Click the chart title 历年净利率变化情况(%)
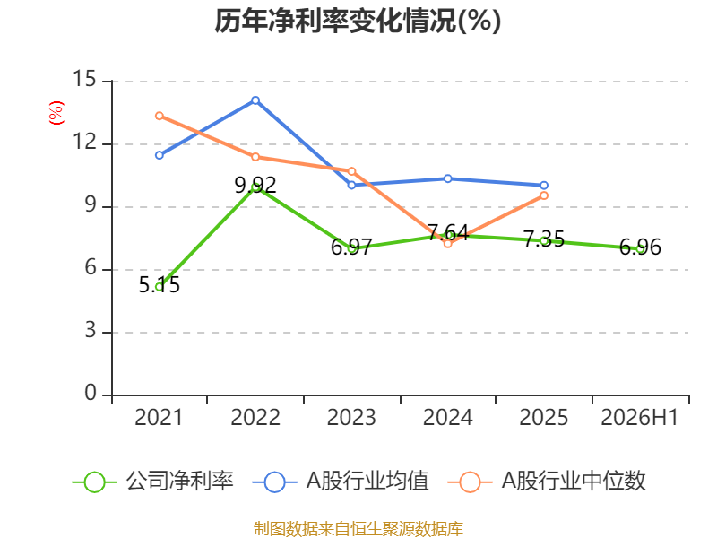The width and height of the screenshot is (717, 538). [358, 21]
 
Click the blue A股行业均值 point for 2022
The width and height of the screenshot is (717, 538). [255, 100]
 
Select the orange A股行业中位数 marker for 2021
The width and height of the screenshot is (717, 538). [160, 116]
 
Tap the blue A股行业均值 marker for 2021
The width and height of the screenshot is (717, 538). [160, 155]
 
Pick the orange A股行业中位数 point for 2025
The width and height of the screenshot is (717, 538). [544, 195]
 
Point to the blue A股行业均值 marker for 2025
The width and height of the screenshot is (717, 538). [544, 186]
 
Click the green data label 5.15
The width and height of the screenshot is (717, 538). [160, 285]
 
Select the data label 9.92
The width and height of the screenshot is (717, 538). [255, 186]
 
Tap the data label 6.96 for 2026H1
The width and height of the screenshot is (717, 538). [640, 247]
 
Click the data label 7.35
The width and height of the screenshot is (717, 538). [544, 239]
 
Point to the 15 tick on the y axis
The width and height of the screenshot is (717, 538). [84, 79]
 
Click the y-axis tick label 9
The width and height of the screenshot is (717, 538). [91, 205]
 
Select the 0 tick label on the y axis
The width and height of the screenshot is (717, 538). [91, 393]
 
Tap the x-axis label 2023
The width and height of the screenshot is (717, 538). [351, 417]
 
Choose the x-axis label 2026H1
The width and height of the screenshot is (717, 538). [640, 417]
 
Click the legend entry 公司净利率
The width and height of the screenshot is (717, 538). [153, 482]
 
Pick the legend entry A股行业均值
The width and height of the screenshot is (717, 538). [341, 482]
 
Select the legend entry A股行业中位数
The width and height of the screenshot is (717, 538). [547, 482]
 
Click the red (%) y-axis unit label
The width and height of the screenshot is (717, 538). [56, 113]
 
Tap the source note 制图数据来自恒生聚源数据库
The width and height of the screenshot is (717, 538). [358, 529]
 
